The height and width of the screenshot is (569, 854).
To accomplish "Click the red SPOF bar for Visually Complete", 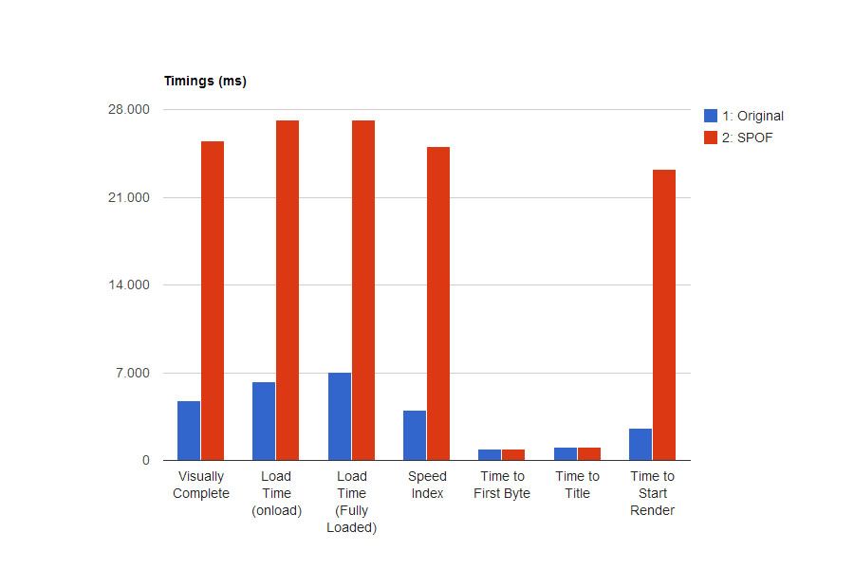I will point(213,301).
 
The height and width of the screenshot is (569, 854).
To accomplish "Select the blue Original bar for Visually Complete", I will point(189,431).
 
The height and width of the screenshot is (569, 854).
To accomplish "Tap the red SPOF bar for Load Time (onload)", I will point(288,290).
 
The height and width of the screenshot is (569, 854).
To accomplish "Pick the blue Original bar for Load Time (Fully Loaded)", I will point(340,416).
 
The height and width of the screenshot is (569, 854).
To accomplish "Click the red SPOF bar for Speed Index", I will point(438,303).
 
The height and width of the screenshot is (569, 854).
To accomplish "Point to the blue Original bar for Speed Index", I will point(415,435).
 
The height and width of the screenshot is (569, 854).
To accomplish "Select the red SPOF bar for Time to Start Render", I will point(664,315).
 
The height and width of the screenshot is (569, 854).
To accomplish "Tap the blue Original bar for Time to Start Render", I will point(640,444).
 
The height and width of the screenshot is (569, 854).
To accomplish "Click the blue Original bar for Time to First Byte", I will point(490,455).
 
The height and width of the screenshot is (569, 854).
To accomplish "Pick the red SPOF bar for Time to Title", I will point(589,454).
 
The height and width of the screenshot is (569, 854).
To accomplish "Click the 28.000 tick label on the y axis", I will point(130,110).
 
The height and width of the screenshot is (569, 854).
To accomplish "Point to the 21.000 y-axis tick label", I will point(130,197).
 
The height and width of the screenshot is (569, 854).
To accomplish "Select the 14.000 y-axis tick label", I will point(130,285).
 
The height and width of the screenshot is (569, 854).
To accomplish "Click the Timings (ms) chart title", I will point(205,82).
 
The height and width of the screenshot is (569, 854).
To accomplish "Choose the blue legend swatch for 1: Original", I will point(711,116).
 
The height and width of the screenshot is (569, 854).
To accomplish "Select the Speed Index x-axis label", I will point(427,485).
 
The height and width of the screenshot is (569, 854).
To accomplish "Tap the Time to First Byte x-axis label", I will point(502,485).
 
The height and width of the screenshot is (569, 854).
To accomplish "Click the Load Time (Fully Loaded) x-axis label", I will point(352,502).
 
